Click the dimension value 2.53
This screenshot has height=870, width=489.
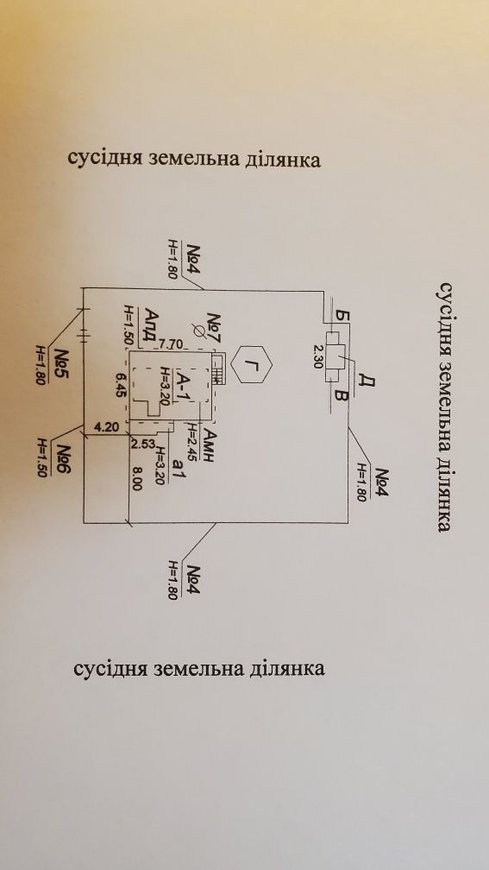142,444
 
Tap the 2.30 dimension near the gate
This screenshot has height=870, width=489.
318,356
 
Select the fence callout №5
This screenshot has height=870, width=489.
62,362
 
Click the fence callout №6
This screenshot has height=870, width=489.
64,457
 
